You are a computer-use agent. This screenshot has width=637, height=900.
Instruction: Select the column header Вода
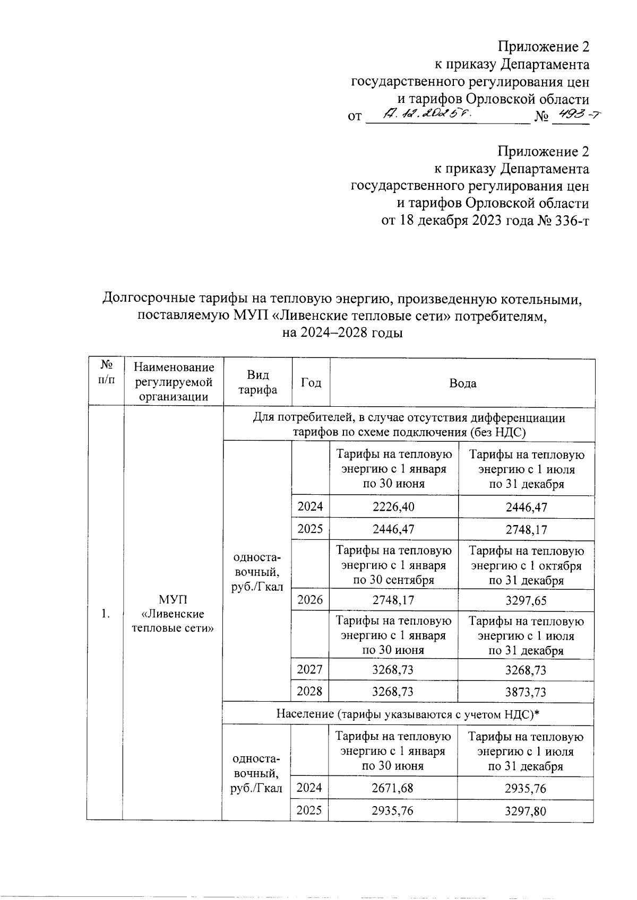coord(462,383)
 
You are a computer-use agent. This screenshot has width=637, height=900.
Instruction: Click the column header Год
coord(311,383)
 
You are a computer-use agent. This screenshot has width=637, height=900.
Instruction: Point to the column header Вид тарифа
coord(257,382)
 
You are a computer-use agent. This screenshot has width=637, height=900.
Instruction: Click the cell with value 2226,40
coord(393,506)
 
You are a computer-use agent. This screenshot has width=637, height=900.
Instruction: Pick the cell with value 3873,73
coord(526,692)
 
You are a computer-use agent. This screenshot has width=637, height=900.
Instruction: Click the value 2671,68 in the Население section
coord(393,788)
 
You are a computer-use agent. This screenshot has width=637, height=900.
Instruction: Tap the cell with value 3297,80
coord(526,811)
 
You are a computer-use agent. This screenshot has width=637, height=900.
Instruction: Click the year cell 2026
coord(310,600)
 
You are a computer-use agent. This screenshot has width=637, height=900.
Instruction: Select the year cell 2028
coord(310,692)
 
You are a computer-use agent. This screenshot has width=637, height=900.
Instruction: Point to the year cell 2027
coord(310,669)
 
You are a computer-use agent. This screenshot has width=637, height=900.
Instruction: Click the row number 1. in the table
coord(106,614)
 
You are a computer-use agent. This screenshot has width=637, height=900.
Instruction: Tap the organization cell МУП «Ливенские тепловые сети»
coord(174,614)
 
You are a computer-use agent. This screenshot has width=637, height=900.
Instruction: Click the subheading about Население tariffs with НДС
coord(408,714)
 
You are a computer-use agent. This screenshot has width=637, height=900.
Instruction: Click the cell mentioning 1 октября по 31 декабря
coord(526,565)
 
